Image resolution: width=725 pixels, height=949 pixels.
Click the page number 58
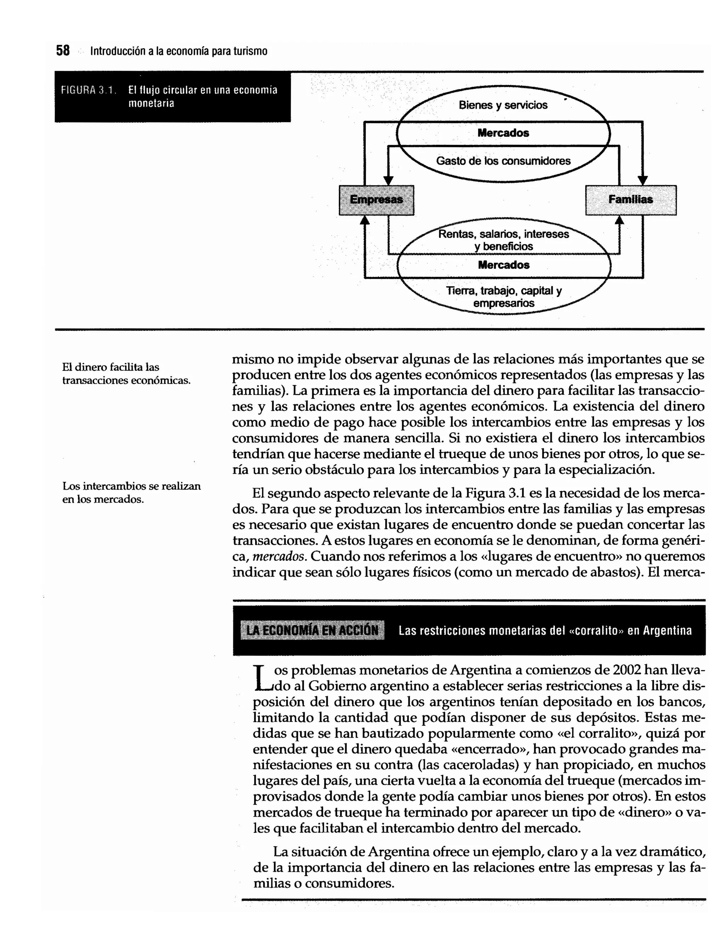click(63, 51)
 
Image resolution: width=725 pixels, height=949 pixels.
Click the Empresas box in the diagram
click(376, 200)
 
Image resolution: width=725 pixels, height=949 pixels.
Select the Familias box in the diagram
click(630, 200)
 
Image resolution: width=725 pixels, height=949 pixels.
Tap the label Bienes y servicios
click(503, 105)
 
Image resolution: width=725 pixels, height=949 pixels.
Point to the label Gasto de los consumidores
click(503, 161)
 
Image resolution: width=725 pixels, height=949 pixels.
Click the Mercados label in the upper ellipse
click(503, 133)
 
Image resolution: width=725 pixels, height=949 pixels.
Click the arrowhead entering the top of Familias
click(643, 180)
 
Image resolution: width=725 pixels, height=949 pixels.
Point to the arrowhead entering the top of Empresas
click(388, 180)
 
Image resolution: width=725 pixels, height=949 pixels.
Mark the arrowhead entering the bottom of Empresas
click(365, 221)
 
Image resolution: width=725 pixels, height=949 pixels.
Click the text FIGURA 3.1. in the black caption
click(88, 90)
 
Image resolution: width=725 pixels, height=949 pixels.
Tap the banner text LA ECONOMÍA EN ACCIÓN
click(312, 631)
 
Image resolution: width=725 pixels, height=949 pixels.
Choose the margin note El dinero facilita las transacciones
click(126, 374)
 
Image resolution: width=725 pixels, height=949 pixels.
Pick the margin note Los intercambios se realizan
click(131, 493)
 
